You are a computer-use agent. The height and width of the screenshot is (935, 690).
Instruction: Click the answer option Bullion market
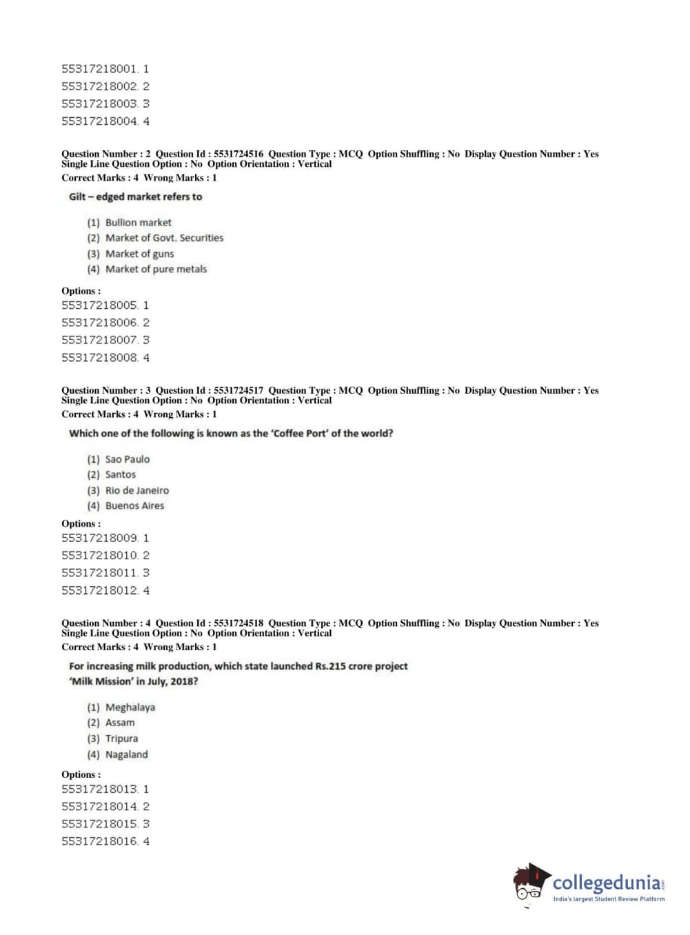point(138,223)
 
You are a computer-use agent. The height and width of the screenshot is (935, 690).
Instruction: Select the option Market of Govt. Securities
point(164,238)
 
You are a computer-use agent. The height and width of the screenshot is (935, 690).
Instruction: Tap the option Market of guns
point(139,254)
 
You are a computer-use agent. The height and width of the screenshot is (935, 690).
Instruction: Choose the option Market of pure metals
point(156,269)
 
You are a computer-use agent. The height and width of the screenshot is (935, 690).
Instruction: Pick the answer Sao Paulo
point(127,459)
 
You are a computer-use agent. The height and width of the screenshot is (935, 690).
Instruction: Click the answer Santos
point(121,474)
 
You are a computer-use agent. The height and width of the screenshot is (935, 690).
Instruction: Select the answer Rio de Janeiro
point(136,490)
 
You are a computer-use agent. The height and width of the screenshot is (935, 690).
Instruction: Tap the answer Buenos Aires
point(134,505)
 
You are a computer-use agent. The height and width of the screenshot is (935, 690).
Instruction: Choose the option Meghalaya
point(130,707)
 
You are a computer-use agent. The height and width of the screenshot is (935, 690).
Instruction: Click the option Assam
point(120,723)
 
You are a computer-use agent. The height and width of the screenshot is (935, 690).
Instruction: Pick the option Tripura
point(121,738)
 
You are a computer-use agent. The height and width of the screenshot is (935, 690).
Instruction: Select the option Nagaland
point(126,754)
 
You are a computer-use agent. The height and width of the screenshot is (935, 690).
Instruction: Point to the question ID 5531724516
point(239,154)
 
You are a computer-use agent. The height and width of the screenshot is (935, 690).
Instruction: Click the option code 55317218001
point(100,69)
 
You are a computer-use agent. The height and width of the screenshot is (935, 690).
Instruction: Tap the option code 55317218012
point(100,590)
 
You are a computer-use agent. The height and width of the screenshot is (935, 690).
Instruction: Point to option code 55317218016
point(100,841)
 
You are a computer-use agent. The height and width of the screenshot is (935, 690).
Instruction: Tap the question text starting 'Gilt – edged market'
point(135,197)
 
